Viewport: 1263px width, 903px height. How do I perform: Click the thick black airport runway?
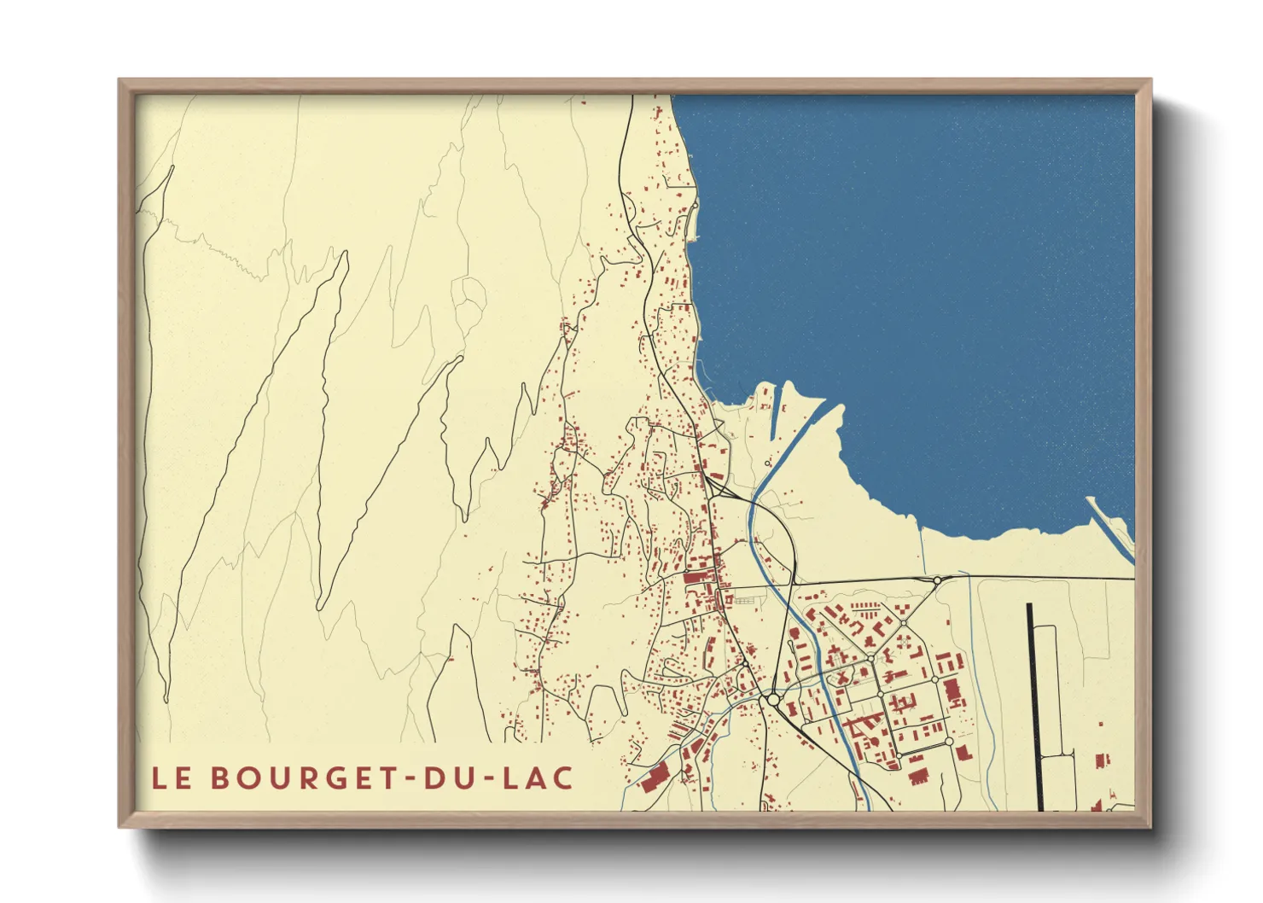click(x=1034, y=704)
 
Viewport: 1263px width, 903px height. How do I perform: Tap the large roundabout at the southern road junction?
click(x=773, y=699)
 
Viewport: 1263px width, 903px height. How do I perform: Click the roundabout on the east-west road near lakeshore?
click(x=937, y=580)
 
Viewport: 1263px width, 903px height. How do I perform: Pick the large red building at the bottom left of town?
click(x=655, y=778)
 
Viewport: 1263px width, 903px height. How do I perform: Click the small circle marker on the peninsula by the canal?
click(x=767, y=463)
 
